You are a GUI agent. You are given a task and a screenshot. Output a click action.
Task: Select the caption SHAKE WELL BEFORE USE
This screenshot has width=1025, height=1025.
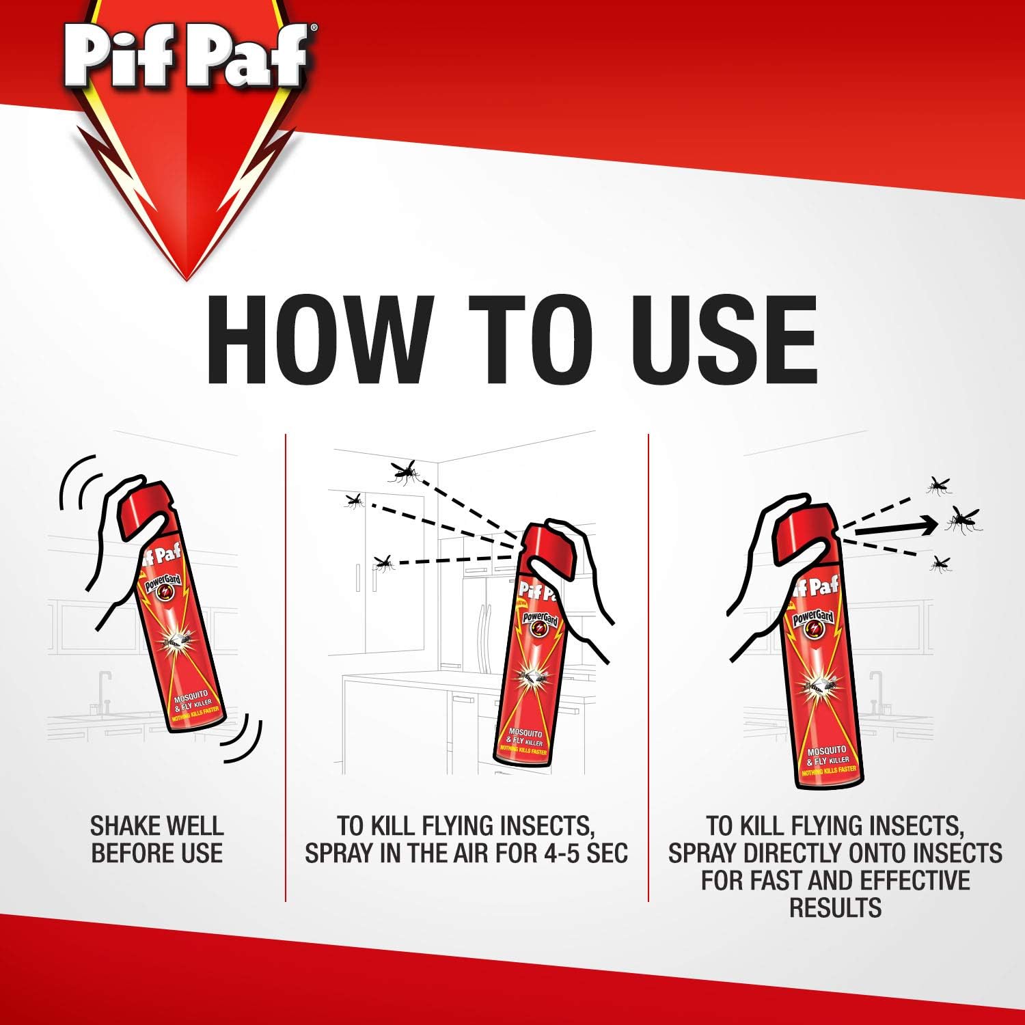click(x=157, y=839)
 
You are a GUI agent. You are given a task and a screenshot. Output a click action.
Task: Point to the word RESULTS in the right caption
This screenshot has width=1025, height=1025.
click(x=835, y=908)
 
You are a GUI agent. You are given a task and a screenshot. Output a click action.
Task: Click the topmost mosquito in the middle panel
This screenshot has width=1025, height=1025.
click(x=404, y=471)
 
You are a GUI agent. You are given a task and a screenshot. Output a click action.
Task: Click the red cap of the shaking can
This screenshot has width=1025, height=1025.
click(x=145, y=506)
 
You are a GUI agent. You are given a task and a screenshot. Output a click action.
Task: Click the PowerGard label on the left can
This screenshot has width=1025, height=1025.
click(x=163, y=587)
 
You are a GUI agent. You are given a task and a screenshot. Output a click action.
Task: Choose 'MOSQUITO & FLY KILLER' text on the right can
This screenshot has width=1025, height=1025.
click(x=828, y=755)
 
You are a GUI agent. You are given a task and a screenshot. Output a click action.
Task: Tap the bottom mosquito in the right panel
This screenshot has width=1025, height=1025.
click(x=941, y=564)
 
